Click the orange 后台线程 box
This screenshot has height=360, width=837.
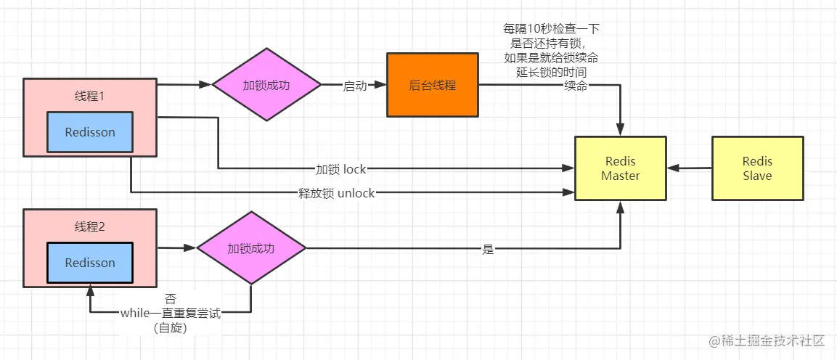coord(433,85)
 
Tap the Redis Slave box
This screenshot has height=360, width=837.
coord(757,168)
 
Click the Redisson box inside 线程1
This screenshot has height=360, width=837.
coord(90,132)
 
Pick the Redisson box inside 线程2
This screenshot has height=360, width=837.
coord(90,263)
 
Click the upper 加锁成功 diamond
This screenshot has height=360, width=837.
coord(266,85)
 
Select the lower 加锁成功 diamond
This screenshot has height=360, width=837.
coord(251,248)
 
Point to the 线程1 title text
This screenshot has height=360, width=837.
coord(90,97)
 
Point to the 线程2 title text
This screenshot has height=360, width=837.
coord(90,226)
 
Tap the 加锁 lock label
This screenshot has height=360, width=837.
coord(340,169)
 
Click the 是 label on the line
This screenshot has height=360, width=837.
coord(488,249)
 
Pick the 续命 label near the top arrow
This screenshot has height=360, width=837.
coord(576,86)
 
